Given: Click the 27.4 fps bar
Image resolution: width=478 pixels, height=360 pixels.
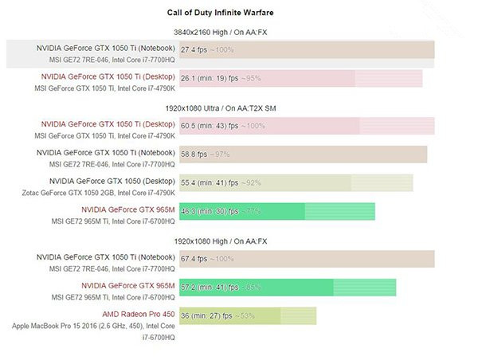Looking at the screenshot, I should (307, 49).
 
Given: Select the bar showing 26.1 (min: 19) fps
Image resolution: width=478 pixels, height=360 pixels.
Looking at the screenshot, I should (301, 78).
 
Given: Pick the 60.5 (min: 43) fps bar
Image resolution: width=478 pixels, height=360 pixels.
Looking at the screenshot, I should (307, 126).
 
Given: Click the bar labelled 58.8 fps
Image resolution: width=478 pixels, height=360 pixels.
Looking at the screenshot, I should (303, 154).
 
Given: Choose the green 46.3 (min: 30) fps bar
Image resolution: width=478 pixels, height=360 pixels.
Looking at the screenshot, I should (277, 211).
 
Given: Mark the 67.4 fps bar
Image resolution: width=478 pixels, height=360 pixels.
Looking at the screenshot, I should (307, 258).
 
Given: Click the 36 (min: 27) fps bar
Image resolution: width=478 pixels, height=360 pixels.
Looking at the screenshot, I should (248, 315).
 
